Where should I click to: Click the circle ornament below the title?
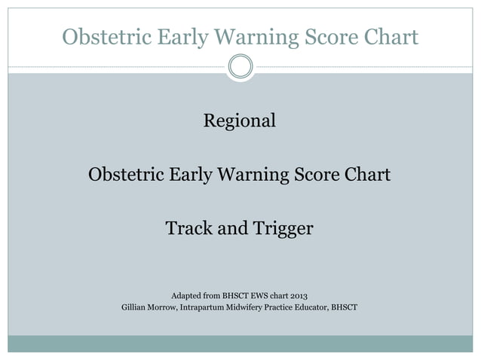click(x=240, y=67)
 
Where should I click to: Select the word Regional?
click(x=240, y=121)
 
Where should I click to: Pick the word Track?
click(x=188, y=227)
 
